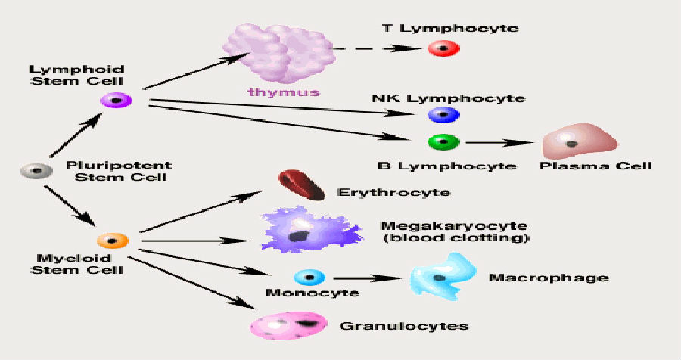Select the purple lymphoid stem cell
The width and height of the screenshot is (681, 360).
pyautogui.click(x=115, y=100)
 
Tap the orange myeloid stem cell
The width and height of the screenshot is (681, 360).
pyautogui.click(x=113, y=241)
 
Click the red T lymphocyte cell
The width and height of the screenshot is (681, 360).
pyautogui.click(x=440, y=48)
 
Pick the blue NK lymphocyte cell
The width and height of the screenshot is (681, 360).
pyautogui.click(x=440, y=113)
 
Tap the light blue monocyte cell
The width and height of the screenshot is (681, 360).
pyautogui.click(x=309, y=278)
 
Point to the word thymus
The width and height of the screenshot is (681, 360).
pyautogui.click(x=283, y=92)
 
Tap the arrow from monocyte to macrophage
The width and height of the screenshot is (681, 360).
pyautogui.click(x=366, y=278)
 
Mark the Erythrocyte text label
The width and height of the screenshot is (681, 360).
pyautogui.click(x=393, y=192)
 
